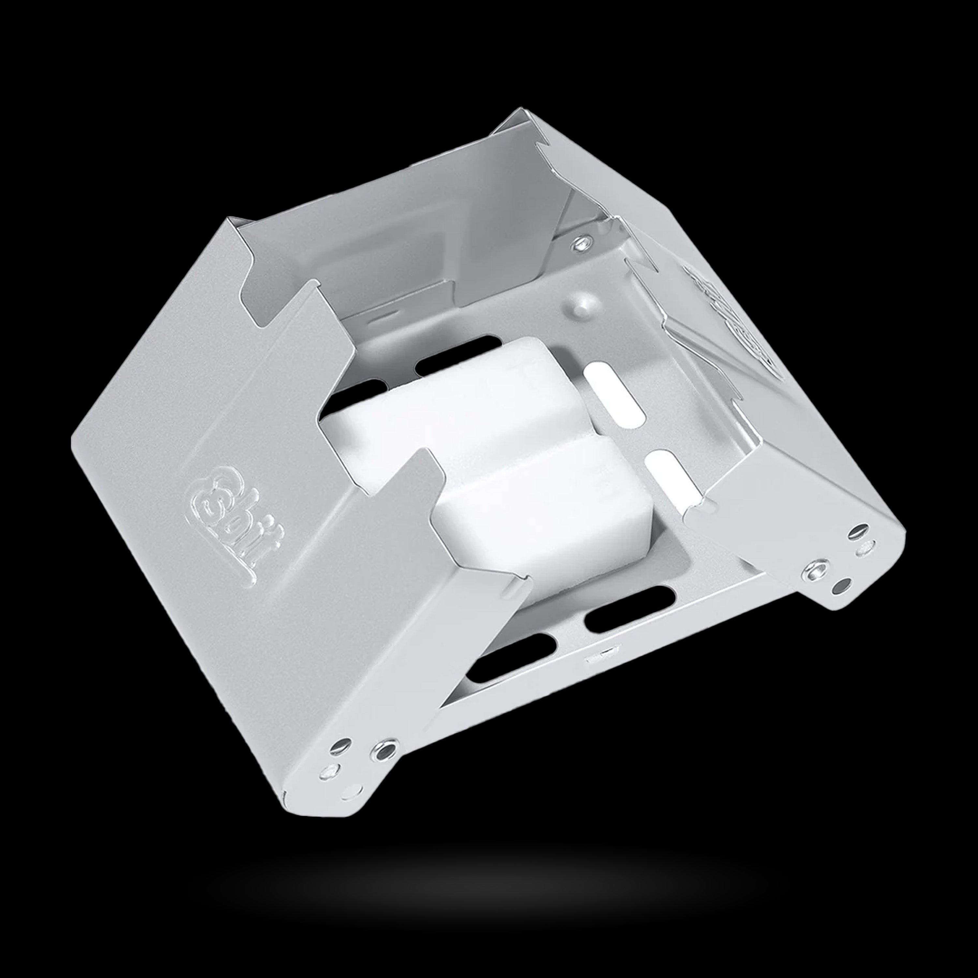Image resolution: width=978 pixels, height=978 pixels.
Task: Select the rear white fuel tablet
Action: [456, 405]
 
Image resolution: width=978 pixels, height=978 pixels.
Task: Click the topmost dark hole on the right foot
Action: [859, 531]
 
